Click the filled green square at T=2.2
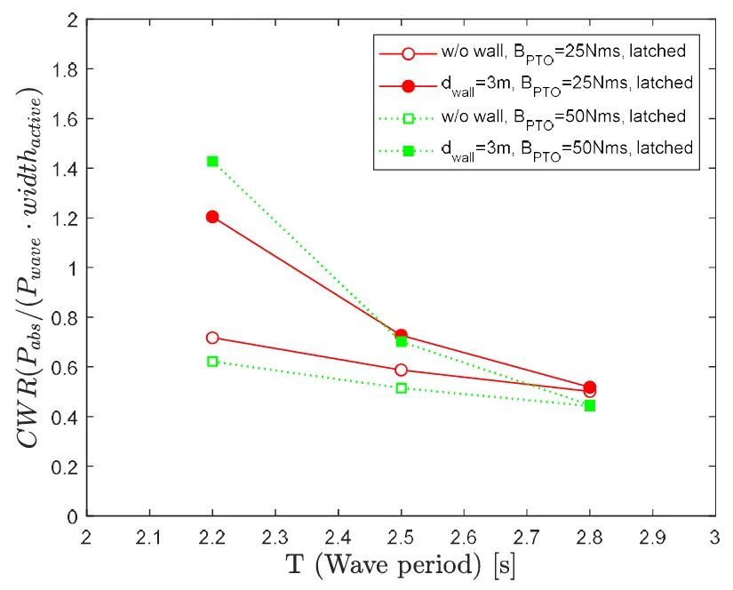(x=212, y=162)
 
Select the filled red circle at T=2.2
(x=212, y=217)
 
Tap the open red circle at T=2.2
(x=212, y=338)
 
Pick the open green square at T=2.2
(x=212, y=362)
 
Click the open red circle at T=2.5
(x=401, y=370)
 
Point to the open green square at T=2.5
(x=401, y=388)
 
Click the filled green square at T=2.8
(x=590, y=406)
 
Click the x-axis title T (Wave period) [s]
(x=401, y=564)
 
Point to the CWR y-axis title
(x=30, y=267)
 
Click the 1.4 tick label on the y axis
(x=65, y=168)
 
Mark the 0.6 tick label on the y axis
(x=65, y=367)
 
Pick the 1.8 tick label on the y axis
(x=65, y=68)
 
